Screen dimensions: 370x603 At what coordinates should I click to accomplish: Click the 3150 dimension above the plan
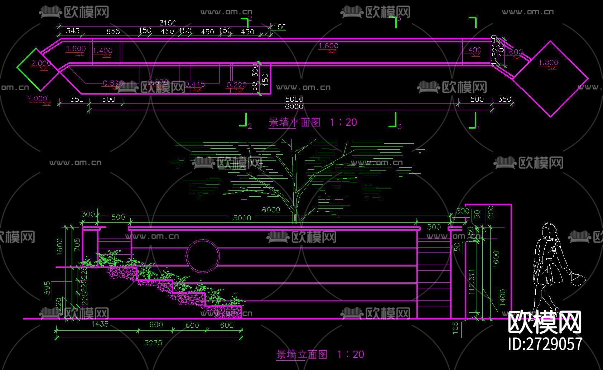coord(168,23)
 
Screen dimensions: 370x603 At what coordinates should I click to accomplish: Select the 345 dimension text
coord(73,31)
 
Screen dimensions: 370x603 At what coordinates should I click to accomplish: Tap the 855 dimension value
coord(113,31)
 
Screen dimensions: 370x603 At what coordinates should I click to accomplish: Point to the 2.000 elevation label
coord(41,63)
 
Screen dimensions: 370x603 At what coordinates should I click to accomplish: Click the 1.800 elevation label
coord(548,63)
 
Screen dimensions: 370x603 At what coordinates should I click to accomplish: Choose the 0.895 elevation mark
coord(113,83)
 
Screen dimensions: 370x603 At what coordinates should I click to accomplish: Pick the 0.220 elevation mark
coord(236,85)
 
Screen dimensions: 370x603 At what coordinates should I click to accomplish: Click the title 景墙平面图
coord(294,122)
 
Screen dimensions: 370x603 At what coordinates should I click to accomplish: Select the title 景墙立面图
coord(302,354)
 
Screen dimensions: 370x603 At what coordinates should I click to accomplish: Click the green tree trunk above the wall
coord(295,201)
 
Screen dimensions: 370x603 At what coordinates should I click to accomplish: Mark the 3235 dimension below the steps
coord(153,343)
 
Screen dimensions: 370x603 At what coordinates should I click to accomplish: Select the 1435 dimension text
coord(100,324)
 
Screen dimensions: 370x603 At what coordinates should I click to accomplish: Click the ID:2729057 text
coord(545,344)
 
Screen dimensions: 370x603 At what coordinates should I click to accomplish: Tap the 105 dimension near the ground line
coord(455,327)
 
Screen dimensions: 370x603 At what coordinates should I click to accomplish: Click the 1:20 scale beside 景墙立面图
coord(351,354)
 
